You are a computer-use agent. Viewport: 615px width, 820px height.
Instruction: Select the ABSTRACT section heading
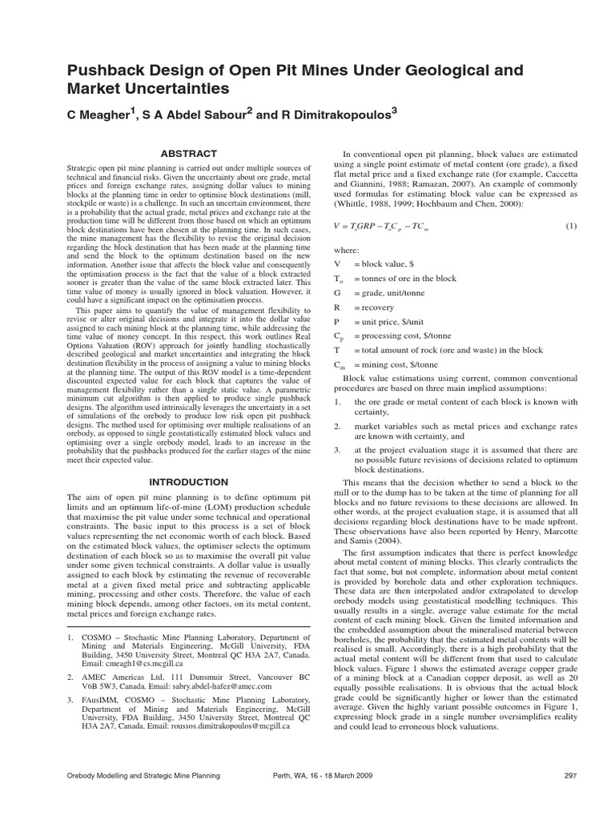pyautogui.click(x=189, y=153)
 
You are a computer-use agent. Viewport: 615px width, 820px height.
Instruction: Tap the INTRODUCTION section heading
pyautogui.click(x=189, y=482)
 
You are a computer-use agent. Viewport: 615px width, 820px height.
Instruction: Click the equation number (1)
pyautogui.click(x=571, y=226)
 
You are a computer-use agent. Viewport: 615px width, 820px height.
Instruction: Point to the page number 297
pyautogui.click(x=570, y=776)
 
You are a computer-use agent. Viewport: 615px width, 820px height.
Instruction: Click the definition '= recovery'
pyautogui.click(x=379, y=307)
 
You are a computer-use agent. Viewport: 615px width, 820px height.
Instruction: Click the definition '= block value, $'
pyautogui.click(x=388, y=263)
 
